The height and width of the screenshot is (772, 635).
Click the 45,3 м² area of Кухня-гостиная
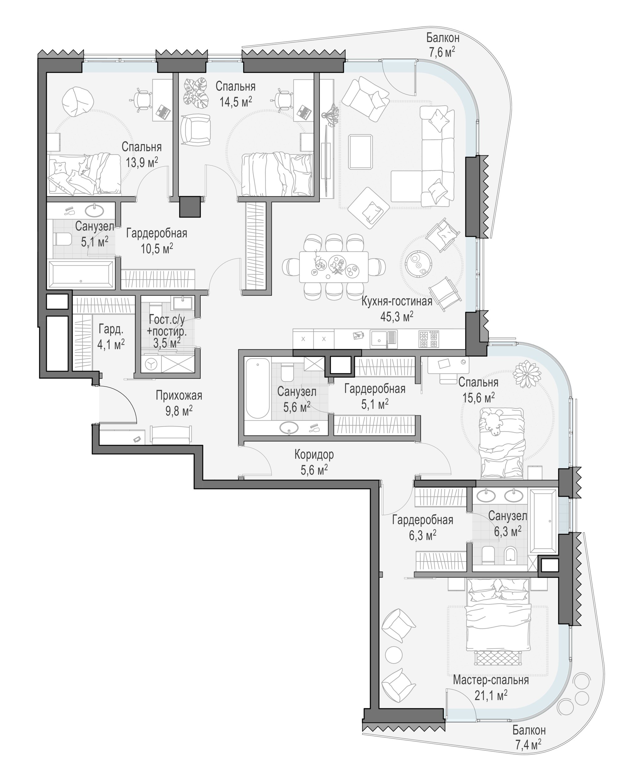[x=397, y=317]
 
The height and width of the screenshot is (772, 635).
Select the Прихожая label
[x=179, y=396]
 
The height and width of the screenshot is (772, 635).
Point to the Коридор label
[x=314, y=455]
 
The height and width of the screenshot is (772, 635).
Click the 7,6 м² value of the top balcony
[x=442, y=52]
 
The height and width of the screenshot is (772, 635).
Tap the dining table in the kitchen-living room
[x=334, y=266]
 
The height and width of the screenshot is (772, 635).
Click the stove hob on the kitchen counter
[x=428, y=339]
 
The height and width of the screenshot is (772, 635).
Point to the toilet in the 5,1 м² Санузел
[x=63, y=240]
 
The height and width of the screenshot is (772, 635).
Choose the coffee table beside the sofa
[x=360, y=152]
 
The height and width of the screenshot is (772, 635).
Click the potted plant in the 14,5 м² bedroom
[x=195, y=93]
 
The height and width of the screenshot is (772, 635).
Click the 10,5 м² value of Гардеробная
[x=157, y=249]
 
